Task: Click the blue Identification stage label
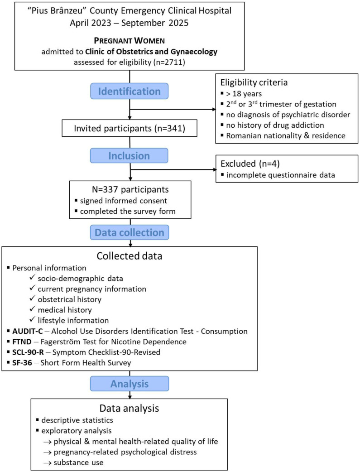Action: pos(130,91)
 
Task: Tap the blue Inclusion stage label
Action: pos(129,156)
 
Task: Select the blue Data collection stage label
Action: pos(130,232)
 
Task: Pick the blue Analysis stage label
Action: pos(130,384)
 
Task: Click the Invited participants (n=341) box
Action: pos(130,128)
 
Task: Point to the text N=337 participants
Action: pos(130,190)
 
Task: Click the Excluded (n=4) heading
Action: pos(250,164)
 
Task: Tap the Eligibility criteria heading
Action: pos(254,82)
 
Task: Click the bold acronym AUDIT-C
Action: pos(27,331)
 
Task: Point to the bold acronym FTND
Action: pos(22,342)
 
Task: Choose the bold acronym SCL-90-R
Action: pos(28,352)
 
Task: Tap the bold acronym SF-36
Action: pos(22,363)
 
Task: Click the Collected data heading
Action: pos(130,256)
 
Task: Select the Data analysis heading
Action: pos(129,408)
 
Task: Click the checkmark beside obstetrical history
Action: pos(33,299)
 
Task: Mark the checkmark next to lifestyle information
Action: pos(33,320)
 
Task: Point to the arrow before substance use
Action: pos(48,463)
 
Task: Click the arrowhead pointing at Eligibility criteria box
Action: pos(214,110)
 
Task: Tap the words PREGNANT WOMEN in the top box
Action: pos(130,41)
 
